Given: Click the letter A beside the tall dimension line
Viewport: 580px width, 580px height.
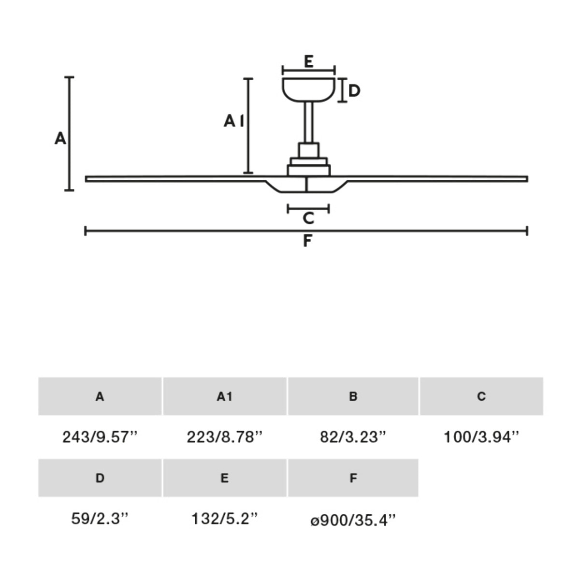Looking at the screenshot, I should pyautogui.click(x=60, y=139).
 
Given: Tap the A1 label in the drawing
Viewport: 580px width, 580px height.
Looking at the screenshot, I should pyautogui.click(x=234, y=121).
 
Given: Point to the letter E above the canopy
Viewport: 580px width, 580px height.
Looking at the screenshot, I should pyautogui.click(x=308, y=61).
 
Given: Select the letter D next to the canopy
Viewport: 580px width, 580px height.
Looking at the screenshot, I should pyautogui.click(x=354, y=90).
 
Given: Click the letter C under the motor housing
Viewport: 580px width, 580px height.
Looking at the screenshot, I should pyautogui.click(x=308, y=218).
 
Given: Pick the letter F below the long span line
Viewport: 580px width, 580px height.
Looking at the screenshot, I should pyautogui.click(x=307, y=241).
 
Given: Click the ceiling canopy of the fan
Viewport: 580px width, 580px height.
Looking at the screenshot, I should pyautogui.click(x=308, y=90).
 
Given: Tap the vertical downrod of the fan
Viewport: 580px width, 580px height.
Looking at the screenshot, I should pyautogui.click(x=308, y=123).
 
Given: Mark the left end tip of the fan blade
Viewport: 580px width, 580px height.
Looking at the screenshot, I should pyautogui.click(x=87, y=179).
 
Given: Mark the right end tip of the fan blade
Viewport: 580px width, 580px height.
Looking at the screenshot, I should pyautogui.click(x=525, y=179).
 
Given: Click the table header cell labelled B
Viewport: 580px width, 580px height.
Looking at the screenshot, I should pyautogui.click(x=353, y=396).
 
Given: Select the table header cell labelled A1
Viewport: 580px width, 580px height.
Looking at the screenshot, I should pyautogui.click(x=224, y=396).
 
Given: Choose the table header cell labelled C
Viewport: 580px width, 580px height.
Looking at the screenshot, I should pyautogui.click(x=481, y=396).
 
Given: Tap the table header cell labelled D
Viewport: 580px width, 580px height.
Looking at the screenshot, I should pyautogui.click(x=100, y=478).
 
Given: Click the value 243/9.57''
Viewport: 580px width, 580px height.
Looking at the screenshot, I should pyautogui.click(x=100, y=437).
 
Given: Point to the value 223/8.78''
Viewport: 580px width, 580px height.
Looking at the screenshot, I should pyautogui.click(x=224, y=437).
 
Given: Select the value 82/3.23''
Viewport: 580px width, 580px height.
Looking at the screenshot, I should pyautogui.click(x=353, y=437).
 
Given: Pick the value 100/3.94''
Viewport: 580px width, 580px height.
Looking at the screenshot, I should pyautogui.click(x=481, y=437).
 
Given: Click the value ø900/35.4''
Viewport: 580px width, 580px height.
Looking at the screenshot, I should pyautogui.click(x=353, y=520).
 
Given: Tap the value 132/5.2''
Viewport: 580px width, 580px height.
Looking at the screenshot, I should pyautogui.click(x=224, y=519).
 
